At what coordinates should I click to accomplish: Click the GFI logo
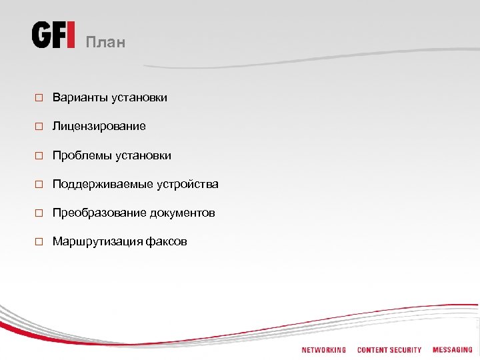tap(53, 35)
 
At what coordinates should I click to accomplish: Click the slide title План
tap(105, 43)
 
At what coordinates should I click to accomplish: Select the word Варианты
tap(80, 98)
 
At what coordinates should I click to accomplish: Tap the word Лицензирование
tap(99, 126)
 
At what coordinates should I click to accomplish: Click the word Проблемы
tap(82, 155)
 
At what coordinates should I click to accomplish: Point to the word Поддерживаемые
tap(103, 184)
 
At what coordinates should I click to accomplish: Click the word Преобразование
tap(99, 213)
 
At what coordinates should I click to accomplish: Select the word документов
tap(182, 213)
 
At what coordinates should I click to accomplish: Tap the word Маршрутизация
tap(97, 241)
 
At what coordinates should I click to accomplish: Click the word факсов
tap(166, 241)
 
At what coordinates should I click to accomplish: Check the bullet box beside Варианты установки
tap(39, 99)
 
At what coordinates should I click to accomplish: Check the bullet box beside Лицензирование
tap(39, 127)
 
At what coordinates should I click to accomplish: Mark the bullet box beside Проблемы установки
tap(39, 156)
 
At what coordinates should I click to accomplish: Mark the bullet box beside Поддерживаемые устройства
tap(39, 185)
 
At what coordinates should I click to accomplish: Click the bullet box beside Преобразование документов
tap(39, 213)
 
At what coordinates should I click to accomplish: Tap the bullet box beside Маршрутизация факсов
tap(39, 242)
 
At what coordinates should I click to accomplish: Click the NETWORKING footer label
tap(323, 350)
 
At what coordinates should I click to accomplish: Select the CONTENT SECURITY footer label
tap(389, 350)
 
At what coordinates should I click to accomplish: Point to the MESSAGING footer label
tap(452, 350)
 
